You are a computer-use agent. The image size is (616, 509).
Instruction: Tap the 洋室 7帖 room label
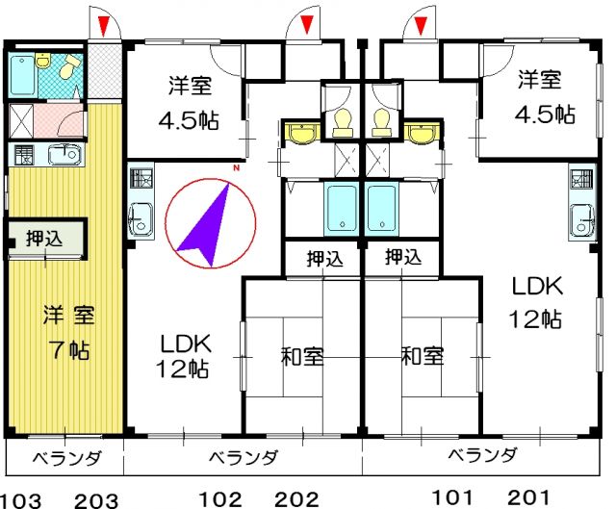(x=67, y=331)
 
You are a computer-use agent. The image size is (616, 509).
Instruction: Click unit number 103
(x=18, y=498)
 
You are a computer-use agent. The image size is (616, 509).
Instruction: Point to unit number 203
(x=95, y=498)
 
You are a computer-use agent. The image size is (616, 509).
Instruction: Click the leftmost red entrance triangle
(x=104, y=21)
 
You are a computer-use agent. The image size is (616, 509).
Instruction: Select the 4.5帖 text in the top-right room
(x=543, y=115)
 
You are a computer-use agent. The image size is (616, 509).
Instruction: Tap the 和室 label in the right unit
(x=423, y=356)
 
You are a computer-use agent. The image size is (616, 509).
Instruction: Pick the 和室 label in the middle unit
(x=302, y=357)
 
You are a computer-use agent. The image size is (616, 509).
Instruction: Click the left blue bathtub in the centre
(x=340, y=208)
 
